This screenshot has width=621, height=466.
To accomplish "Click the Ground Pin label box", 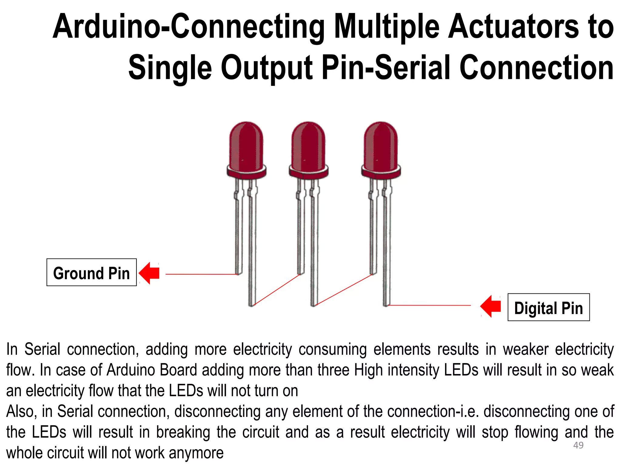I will [91, 272].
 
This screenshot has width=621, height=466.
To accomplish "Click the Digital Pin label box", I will [549, 307].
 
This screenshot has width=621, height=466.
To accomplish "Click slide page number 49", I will [578, 445].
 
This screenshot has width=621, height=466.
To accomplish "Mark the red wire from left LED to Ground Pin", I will [202, 274].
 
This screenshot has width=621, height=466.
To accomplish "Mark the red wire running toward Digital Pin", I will [429, 305].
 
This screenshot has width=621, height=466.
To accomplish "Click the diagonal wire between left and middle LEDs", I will [277, 289].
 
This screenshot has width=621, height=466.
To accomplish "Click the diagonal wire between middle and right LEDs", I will [344, 289].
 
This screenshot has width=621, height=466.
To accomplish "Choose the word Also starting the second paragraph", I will [21, 412].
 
